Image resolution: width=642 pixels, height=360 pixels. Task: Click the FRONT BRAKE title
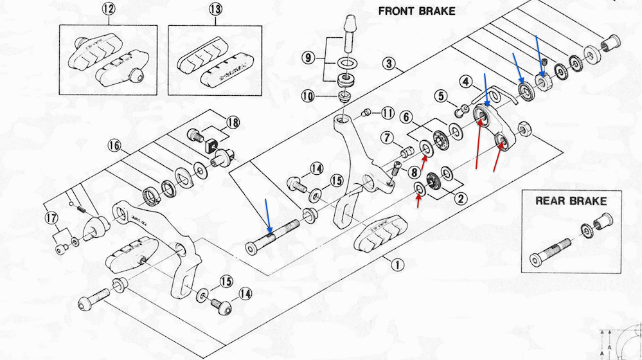pyautogui.click(x=416, y=11)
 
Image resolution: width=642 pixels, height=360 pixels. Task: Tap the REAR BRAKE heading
pyautogui.click(x=571, y=201)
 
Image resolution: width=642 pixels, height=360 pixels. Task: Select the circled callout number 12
pyautogui.click(x=108, y=10)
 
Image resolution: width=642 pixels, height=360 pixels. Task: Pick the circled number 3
pyautogui.click(x=388, y=64)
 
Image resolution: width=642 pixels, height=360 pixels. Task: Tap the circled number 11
pyautogui.click(x=386, y=114)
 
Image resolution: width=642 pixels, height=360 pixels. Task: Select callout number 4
pyautogui.click(x=467, y=82)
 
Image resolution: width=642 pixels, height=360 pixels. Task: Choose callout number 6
pyautogui.click(x=406, y=117)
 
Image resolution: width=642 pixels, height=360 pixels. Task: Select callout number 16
pyautogui.click(x=114, y=146)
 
